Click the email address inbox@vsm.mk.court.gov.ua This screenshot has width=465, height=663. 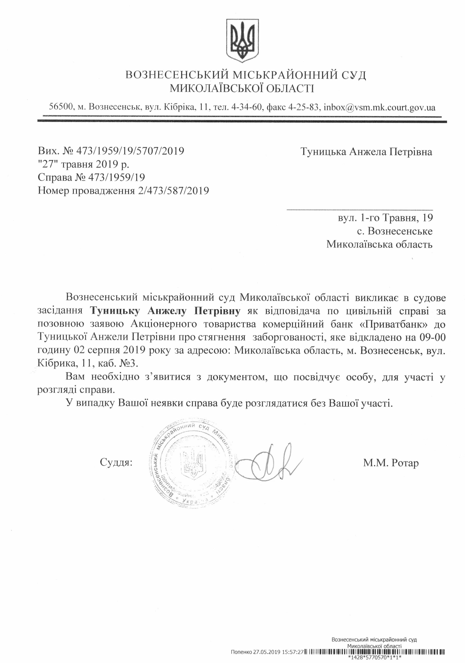tap(379, 108)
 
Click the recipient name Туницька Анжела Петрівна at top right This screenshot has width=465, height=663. tap(366, 152)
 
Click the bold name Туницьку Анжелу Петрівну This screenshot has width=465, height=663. tap(165, 311)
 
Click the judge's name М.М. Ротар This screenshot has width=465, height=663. tap(391, 463)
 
